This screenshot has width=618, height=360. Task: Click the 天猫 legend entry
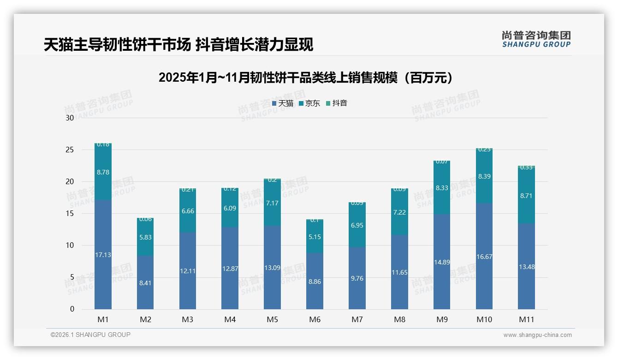click(x=282, y=103)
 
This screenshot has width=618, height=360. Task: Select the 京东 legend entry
click(x=309, y=103)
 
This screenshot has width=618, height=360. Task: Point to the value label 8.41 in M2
click(x=145, y=283)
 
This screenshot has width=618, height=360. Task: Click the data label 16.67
click(x=484, y=257)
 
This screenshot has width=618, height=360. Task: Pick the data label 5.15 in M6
click(x=315, y=237)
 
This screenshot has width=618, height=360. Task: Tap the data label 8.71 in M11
click(x=526, y=196)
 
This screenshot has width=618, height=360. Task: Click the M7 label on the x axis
click(x=357, y=319)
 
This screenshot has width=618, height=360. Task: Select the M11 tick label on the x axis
click(x=526, y=319)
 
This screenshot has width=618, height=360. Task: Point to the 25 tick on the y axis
click(x=70, y=150)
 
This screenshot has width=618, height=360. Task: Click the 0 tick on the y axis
click(x=72, y=309)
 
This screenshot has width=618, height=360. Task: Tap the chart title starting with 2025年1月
click(x=306, y=78)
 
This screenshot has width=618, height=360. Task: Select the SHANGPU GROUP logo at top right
click(x=536, y=39)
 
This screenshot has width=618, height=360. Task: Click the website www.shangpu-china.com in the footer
click(x=537, y=335)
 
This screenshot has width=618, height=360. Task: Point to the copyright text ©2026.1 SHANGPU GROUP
click(x=90, y=335)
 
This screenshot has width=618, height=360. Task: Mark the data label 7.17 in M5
click(x=272, y=203)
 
